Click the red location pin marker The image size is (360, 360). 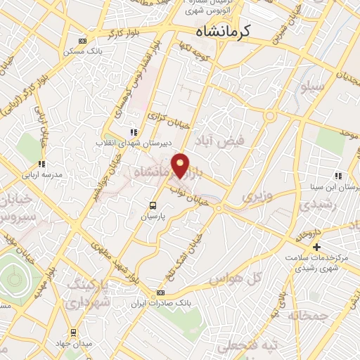point(181,165)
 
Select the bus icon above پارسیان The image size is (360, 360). point(153,205)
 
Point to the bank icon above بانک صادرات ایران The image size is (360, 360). point(160,293)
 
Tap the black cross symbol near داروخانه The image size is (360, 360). point(316,247)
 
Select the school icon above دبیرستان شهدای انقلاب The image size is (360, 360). point(133,131)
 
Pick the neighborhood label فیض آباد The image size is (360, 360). point(220,141)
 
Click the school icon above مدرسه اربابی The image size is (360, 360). point(42,164)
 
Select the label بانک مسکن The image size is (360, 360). point(80,51)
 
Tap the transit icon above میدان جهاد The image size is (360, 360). point(72,332)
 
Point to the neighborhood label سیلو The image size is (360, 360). point(311,89)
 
